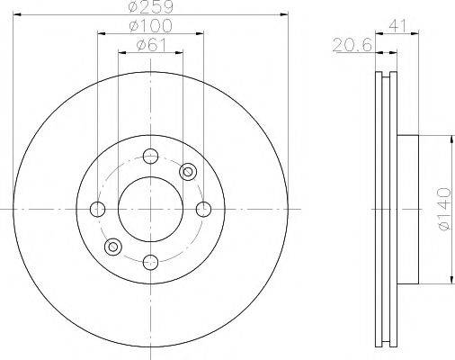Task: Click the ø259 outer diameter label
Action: point(150,6)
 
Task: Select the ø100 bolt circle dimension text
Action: point(150,26)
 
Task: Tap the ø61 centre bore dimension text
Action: point(151,45)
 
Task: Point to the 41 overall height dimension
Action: point(397,26)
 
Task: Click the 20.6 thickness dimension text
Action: point(352,46)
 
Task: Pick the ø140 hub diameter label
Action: point(444,209)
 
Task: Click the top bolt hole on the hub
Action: point(150,156)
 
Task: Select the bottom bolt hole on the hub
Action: point(150,263)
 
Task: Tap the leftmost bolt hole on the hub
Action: point(97,209)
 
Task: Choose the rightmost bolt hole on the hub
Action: point(204,209)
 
